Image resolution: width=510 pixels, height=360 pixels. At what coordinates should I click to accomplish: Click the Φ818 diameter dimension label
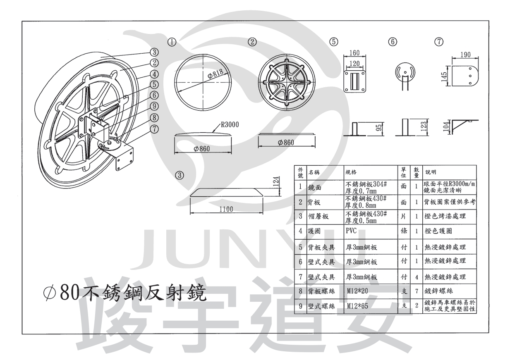(x=215, y=74)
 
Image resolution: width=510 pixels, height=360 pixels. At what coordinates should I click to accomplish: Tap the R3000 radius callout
(x=230, y=124)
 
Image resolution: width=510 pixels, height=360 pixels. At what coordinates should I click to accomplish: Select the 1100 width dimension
(x=226, y=209)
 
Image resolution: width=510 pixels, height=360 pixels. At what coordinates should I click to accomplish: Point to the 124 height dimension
(x=276, y=181)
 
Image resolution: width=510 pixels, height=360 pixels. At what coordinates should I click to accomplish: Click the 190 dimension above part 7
(x=465, y=55)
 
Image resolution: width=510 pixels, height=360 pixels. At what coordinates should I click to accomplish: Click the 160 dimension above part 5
(x=354, y=53)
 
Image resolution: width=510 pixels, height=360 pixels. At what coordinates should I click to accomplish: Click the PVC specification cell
(x=351, y=231)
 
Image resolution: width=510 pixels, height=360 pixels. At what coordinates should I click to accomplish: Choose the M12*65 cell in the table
(x=357, y=306)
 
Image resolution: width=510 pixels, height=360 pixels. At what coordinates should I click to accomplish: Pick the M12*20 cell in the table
(x=357, y=291)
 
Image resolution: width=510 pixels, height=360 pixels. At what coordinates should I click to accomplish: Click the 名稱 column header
(x=314, y=172)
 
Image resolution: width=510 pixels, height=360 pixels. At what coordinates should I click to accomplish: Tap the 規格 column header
(x=351, y=172)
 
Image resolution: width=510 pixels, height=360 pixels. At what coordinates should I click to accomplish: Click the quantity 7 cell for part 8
(x=417, y=291)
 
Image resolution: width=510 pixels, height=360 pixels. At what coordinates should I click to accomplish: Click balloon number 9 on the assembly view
(x=154, y=106)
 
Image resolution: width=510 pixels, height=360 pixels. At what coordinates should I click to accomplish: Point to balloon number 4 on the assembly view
(x=154, y=74)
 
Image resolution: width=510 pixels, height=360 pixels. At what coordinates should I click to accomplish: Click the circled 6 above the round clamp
(x=393, y=42)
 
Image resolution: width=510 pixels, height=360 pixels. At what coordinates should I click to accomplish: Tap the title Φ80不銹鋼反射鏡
(x=125, y=293)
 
